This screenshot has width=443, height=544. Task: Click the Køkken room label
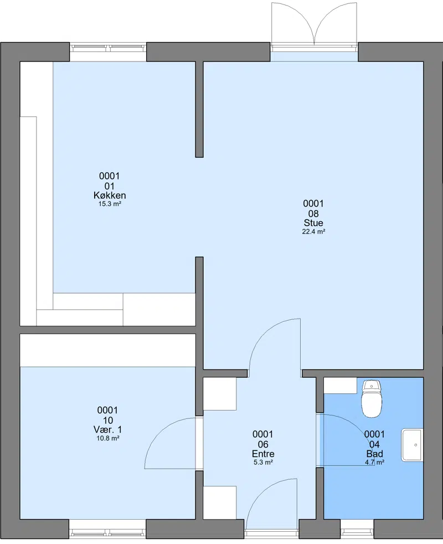click(x=110, y=195)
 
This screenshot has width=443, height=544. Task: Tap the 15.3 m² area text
click(x=110, y=204)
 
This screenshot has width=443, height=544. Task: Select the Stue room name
click(x=313, y=223)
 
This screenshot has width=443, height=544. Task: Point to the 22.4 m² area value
click(x=313, y=232)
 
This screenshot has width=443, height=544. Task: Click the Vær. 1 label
click(x=108, y=429)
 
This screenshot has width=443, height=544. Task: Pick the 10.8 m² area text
click(x=108, y=438)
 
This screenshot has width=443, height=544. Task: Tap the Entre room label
click(x=263, y=454)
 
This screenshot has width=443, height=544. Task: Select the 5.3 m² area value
click(x=263, y=462)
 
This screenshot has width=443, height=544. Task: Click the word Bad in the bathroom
click(x=375, y=454)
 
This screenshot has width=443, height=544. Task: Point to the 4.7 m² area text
click(x=375, y=462)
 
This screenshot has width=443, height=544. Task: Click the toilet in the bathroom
click(x=372, y=398)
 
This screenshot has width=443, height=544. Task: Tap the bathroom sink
click(x=412, y=445)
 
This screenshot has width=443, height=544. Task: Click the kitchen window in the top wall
click(x=108, y=48)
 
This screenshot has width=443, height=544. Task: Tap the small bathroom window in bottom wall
click(x=357, y=531)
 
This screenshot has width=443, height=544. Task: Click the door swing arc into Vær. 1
click(x=163, y=432)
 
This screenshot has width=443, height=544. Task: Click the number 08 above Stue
click(x=313, y=213)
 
